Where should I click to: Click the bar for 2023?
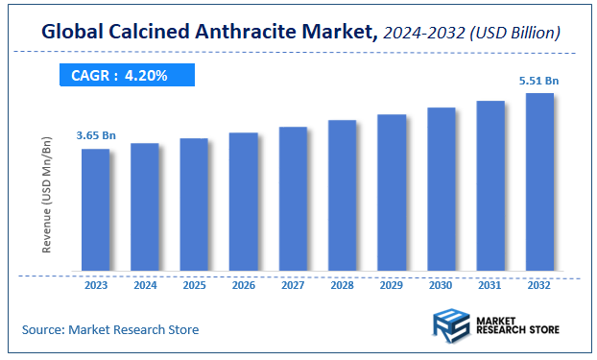95,209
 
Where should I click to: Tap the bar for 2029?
392,192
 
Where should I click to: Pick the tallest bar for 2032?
539,181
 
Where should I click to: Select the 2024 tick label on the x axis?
144,284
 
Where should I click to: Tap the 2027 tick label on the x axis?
293,284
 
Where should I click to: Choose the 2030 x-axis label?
441,284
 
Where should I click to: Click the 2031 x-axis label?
490,284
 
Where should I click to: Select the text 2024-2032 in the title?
426,34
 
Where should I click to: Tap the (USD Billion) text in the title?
515,34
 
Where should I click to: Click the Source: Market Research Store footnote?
110,330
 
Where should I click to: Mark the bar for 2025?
194,204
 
